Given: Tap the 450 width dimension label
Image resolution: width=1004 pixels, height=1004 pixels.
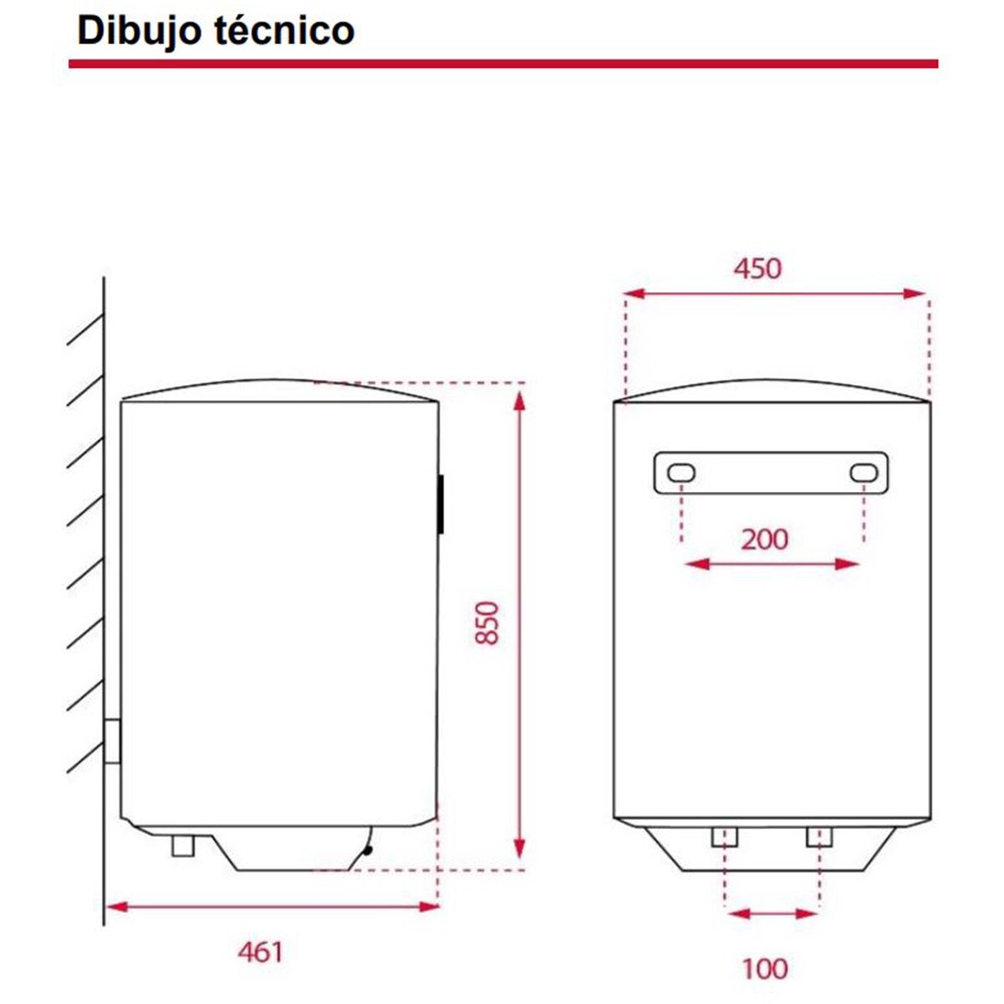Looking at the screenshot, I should pyautogui.click(x=757, y=269).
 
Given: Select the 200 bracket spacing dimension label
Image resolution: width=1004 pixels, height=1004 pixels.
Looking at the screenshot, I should pyautogui.click(x=765, y=540).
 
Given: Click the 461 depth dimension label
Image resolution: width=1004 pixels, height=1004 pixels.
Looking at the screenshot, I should pyautogui.click(x=260, y=952).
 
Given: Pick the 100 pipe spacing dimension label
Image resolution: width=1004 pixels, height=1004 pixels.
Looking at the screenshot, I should pyautogui.click(x=765, y=969).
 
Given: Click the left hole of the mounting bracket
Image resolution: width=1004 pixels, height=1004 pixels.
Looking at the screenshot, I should pyautogui.click(x=681, y=474).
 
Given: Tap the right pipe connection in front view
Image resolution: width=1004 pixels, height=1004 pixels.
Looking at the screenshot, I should pyautogui.click(x=820, y=837).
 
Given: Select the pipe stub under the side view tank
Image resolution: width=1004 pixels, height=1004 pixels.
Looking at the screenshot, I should pyautogui.click(x=182, y=845).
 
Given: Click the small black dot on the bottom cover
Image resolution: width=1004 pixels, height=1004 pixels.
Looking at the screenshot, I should pyautogui.click(x=366, y=851).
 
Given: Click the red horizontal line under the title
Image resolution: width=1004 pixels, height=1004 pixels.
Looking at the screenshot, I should pyautogui.click(x=502, y=64).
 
